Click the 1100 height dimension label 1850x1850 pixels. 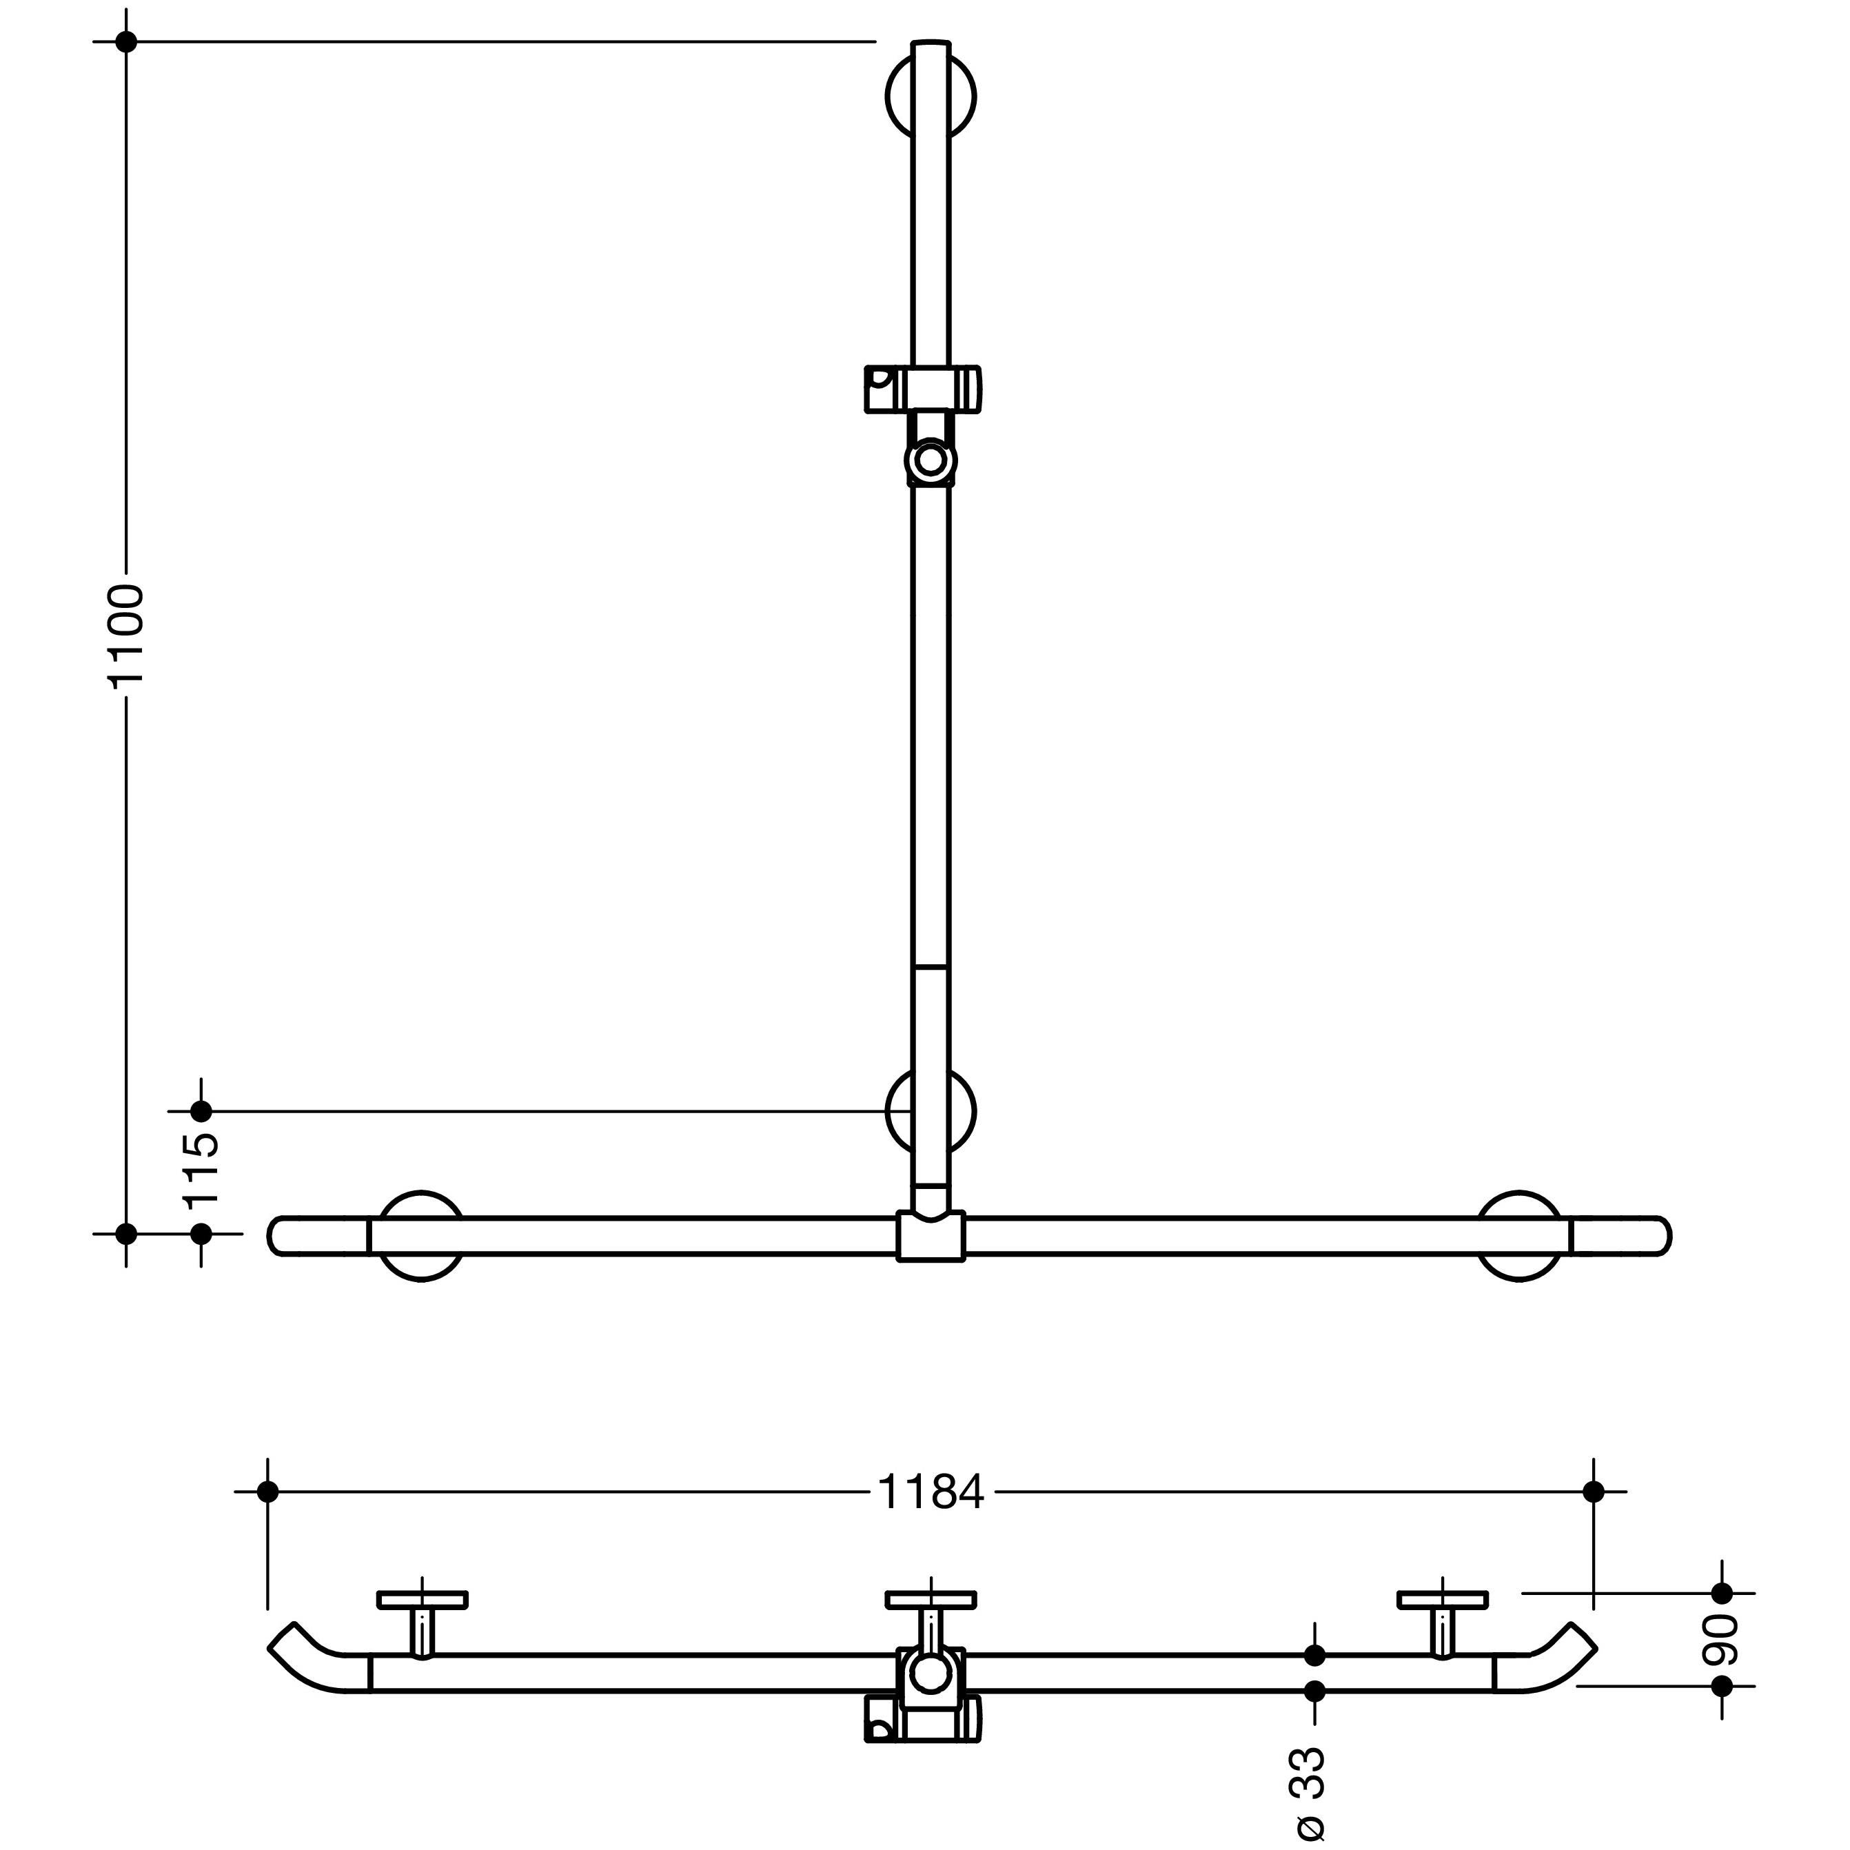[x=125, y=635]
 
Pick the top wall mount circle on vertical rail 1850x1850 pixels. [x=931, y=96]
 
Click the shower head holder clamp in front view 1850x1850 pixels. [x=923, y=388]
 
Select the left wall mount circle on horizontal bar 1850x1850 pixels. [x=421, y=1235]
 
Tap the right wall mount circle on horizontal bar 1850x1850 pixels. [x=1521, y=1235]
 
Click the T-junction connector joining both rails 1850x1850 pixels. [x=931, y=1234]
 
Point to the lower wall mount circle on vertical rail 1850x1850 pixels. [x=931, y=1111]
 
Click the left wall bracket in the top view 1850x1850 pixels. [x=423, y=1623]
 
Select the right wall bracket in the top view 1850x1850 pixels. [x=1442, y=1623]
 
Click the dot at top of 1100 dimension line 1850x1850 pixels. [x=125, y=41]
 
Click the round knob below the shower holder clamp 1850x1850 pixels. [x=930, y=460]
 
